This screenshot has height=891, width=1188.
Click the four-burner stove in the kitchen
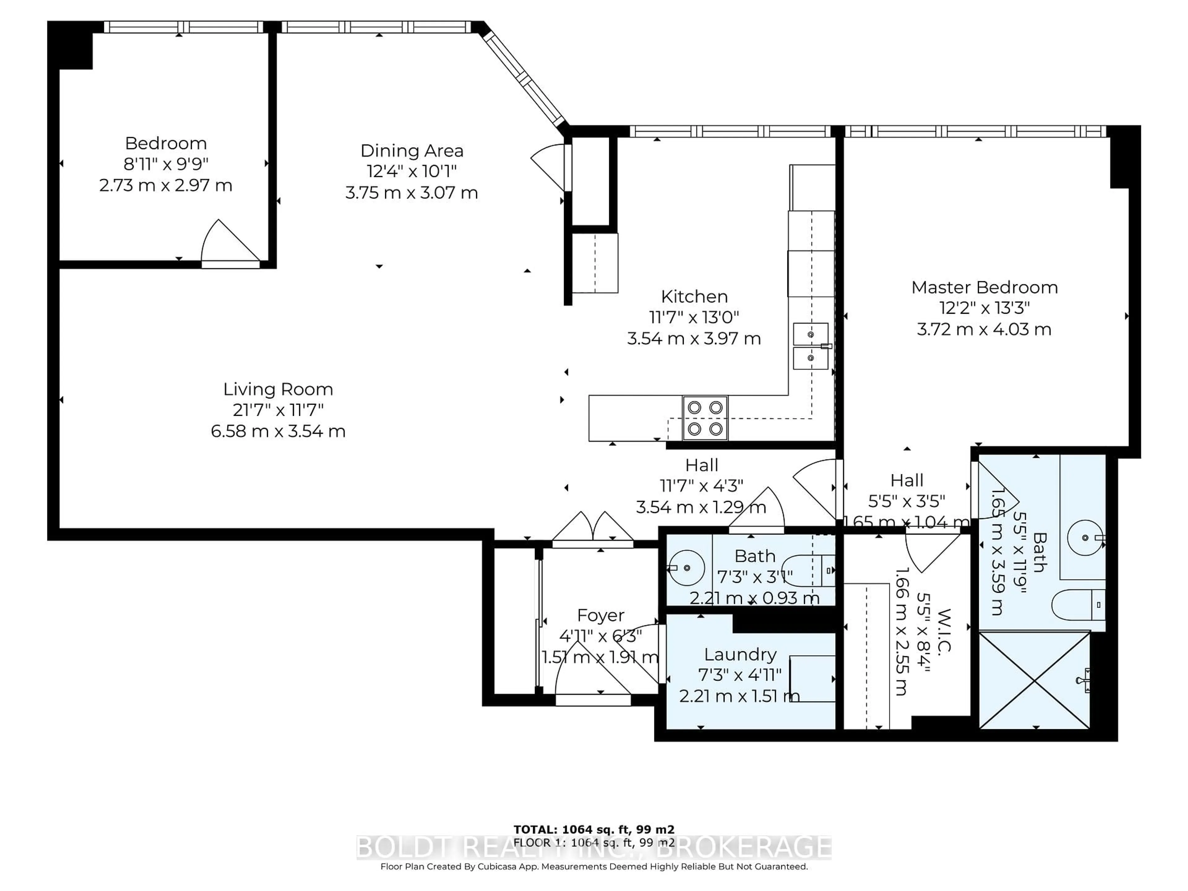point(705,418)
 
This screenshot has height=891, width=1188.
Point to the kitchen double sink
point(811,346)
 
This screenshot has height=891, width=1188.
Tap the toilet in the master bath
point(1077,605)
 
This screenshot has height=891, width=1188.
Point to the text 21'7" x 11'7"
point(278,410)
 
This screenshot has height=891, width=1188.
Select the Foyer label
point(600,615)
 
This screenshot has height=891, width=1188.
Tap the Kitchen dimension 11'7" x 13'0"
point(694,317)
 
